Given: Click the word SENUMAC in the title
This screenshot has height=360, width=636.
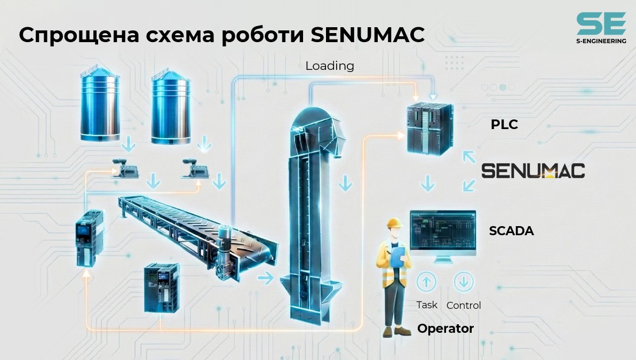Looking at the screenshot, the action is (x=368, y=35).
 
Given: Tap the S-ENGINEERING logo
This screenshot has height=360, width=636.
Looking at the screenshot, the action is (x=601, y=28).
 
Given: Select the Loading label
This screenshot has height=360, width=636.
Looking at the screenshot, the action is (x=330, y=66).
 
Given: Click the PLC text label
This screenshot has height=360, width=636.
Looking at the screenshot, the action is (x=504, y=124).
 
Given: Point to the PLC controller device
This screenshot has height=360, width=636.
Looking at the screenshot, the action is (x=430, y=127).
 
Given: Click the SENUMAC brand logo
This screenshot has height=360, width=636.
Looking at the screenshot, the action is (x=533, y=171).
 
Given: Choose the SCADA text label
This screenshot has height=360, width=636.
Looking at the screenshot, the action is (x=511, y=231).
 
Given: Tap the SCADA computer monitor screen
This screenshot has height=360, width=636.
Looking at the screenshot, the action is (x=443, y=230).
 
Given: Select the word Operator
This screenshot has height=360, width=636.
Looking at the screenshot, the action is (x=446, y=329).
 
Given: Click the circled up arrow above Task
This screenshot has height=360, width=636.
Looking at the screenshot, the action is (x=426, y=282).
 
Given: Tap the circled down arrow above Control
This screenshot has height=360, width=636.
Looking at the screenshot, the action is (x=464, y=282).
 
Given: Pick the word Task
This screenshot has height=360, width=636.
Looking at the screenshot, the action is (x=427, y=305).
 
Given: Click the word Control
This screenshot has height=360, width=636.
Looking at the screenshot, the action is (x=464, y=305).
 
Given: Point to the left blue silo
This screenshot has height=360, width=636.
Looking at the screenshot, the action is (x=99, y=104).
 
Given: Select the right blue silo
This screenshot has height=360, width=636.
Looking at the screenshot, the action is (x=171, y=107).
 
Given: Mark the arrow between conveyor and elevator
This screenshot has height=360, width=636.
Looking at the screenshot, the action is (x=266, y=278).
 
